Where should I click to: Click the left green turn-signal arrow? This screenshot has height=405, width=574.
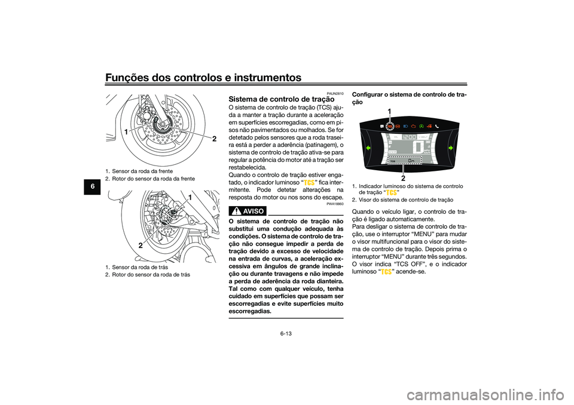coord(368,148)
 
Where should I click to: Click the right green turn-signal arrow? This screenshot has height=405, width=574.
coord(451,148)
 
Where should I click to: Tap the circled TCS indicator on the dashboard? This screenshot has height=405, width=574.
coord(390,126)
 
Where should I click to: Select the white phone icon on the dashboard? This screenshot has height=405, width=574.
coord(437,126)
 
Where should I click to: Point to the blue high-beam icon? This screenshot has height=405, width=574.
coord(405,126)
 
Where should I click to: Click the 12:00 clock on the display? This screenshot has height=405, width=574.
coord(409,137)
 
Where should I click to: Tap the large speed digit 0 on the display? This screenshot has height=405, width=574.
coord(418,148)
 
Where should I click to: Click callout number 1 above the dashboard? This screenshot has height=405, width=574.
coord(389,111)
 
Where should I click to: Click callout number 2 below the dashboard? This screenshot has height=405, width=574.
coord(403,179)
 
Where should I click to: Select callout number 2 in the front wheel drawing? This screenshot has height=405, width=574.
coord(214,139)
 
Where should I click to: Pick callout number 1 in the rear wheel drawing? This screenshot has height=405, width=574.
coord(190,198)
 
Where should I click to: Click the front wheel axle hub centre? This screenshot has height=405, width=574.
coord(161,125)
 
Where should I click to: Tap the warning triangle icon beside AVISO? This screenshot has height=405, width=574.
coord(236,211)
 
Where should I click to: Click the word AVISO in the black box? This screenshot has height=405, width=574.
coord(253,211)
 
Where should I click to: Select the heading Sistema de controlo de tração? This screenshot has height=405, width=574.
coord(282,99)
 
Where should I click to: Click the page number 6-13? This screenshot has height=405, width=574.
coord(286,334)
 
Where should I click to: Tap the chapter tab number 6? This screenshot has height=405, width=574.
coord(93,186)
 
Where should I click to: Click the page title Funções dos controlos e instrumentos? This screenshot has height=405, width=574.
coord(203,78)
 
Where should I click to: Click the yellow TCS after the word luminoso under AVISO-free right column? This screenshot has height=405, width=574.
coord(386,272)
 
